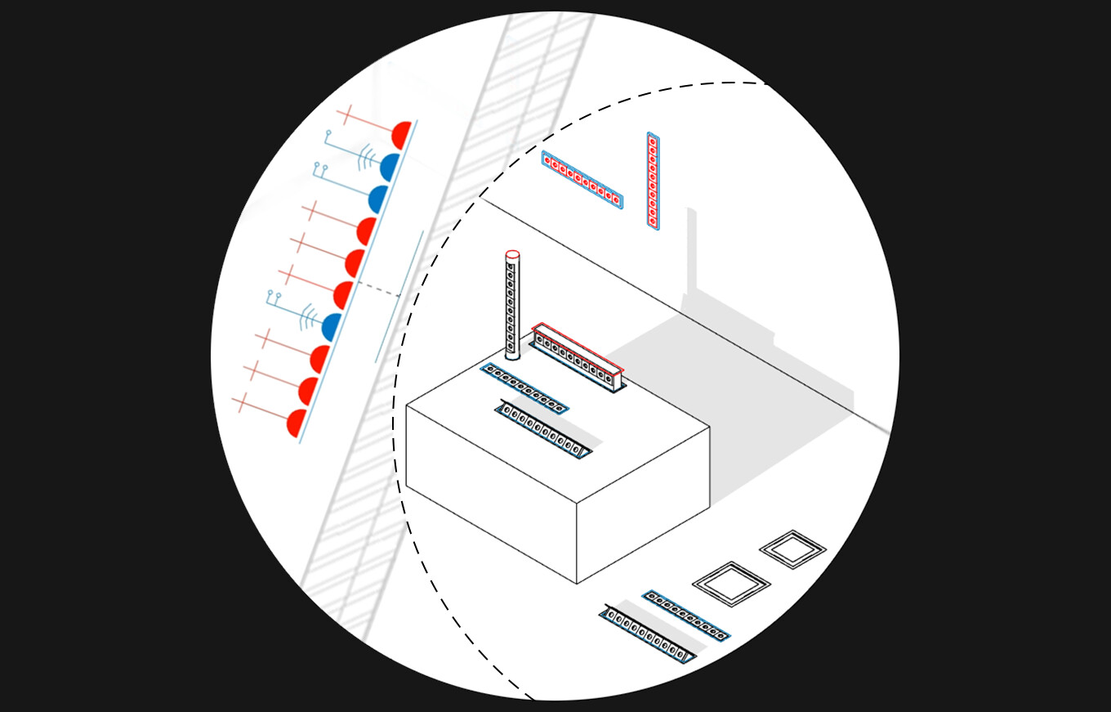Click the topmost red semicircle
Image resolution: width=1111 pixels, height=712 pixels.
(x=401, y=134)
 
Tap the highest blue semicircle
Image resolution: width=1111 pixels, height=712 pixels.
(x=390, y=167)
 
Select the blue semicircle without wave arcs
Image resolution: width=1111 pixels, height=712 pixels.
(x=378, y=199)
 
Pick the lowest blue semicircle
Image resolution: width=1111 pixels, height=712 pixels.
(x=332, y=327)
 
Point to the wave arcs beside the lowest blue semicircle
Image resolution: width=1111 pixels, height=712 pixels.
(x=308, y=316)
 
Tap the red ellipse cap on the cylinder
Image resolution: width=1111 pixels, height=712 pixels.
(x=512, y=255)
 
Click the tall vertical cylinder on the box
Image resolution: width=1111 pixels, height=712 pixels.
(x=512, y=307)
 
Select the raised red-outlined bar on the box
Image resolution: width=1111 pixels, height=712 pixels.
(x=577, y=356)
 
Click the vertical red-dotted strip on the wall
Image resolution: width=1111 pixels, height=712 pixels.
(x=653, y=180)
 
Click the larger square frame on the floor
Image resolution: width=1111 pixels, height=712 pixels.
(x=731, y=584)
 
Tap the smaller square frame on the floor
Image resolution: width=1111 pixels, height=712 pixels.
(x=792, y=549)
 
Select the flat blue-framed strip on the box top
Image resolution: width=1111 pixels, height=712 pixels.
(x=524, y=387)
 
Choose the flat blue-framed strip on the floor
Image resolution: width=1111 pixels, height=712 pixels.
(x=685, y=615)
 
